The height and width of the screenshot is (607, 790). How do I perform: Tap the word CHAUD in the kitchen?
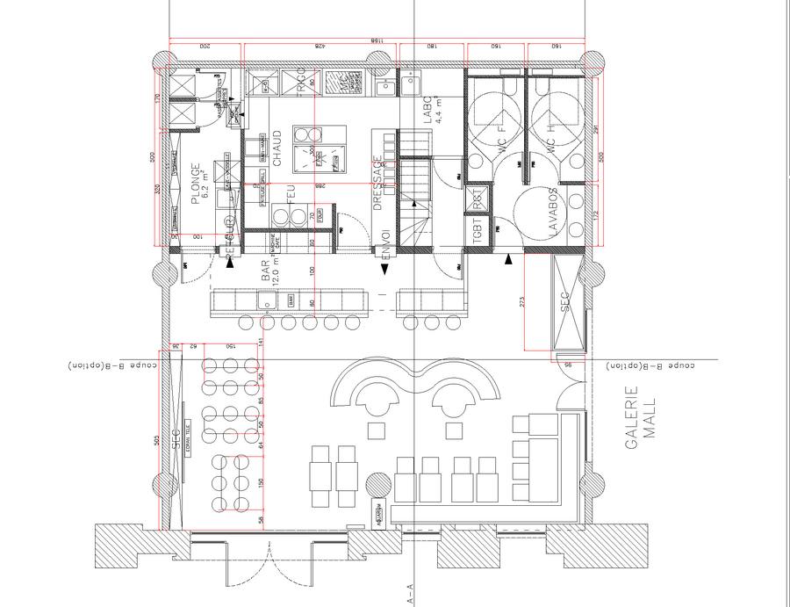pyautogui.click(x=276, y=149)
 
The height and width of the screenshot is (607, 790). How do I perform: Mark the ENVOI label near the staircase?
pyautogui.click(x=384, y=245)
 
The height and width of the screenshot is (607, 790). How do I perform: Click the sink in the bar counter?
pyautogui.click(x=263, y=302)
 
